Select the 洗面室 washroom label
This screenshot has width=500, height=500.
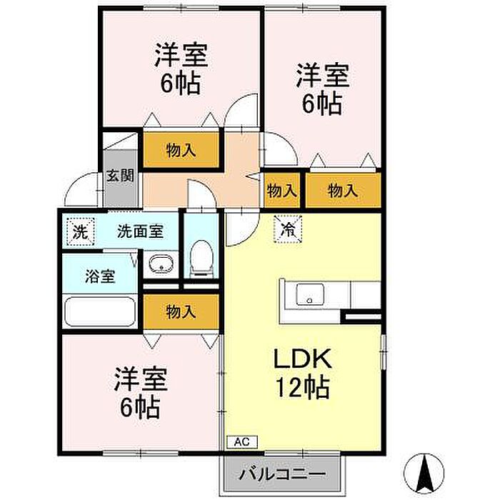point(141,231)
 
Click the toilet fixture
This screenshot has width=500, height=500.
point(202,258)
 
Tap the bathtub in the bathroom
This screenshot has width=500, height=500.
point(100,313)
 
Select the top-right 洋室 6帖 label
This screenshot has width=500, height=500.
point(321,89)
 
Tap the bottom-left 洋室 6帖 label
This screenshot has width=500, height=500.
point(140,394)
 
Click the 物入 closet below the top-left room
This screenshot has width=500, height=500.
point(181,150)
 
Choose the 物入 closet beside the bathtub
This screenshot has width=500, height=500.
point(181,311)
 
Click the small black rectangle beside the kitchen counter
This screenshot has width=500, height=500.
point(361,314)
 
